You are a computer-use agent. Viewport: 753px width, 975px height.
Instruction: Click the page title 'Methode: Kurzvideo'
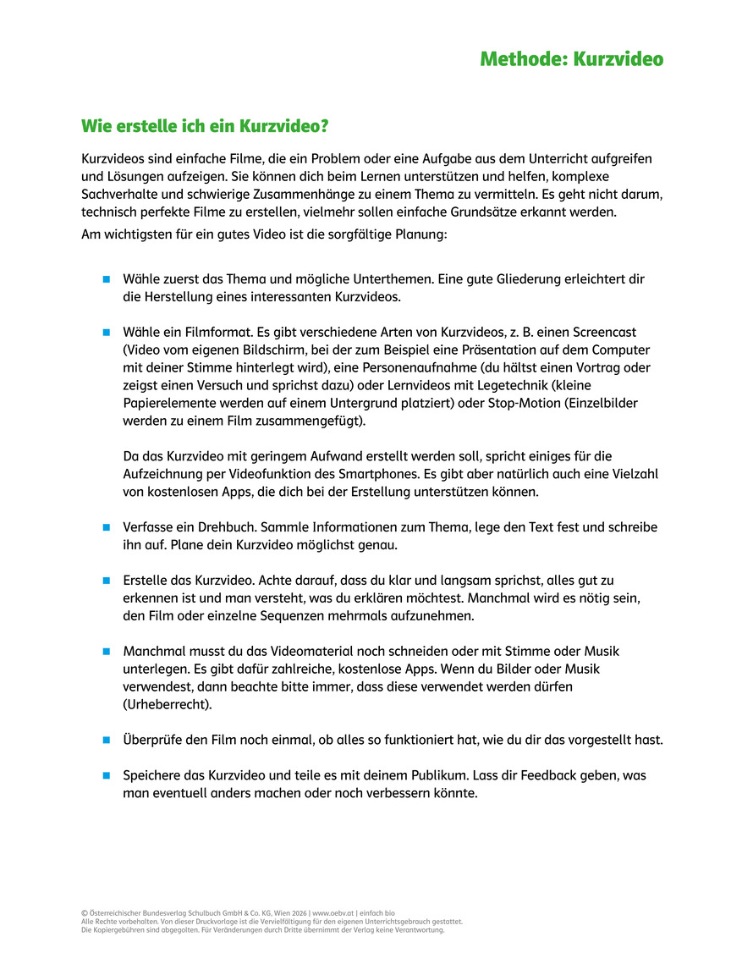pyautogui.click(x=571, y=59)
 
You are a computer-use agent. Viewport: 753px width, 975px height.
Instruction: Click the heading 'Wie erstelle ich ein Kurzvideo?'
pyautogui.click(x=204, y=127)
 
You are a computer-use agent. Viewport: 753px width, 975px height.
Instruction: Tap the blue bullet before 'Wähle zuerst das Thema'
pyautogui.click(x=107, y=278)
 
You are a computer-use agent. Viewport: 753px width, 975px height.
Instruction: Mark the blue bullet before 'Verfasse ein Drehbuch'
pyautogui.click(x=107, y=527)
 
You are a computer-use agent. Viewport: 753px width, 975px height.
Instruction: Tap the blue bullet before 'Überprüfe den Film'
pyautogui.click(x=107, y=740)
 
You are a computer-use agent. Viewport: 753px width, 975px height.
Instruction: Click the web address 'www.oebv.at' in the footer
pyautogui.click(x=333, y=913)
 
